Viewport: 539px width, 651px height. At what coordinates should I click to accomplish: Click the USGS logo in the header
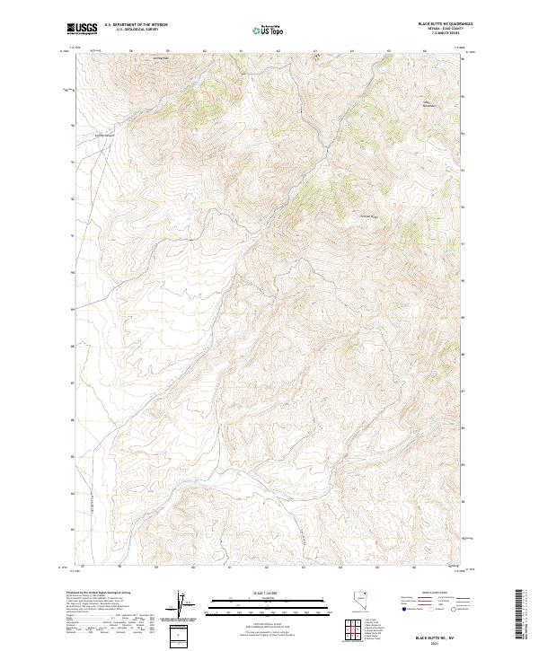click(x=83, y=30)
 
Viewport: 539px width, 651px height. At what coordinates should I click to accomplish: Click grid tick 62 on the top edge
click(x=278, y=50)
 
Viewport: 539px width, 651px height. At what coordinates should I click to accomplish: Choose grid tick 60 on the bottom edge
click(x=193, y=567)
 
